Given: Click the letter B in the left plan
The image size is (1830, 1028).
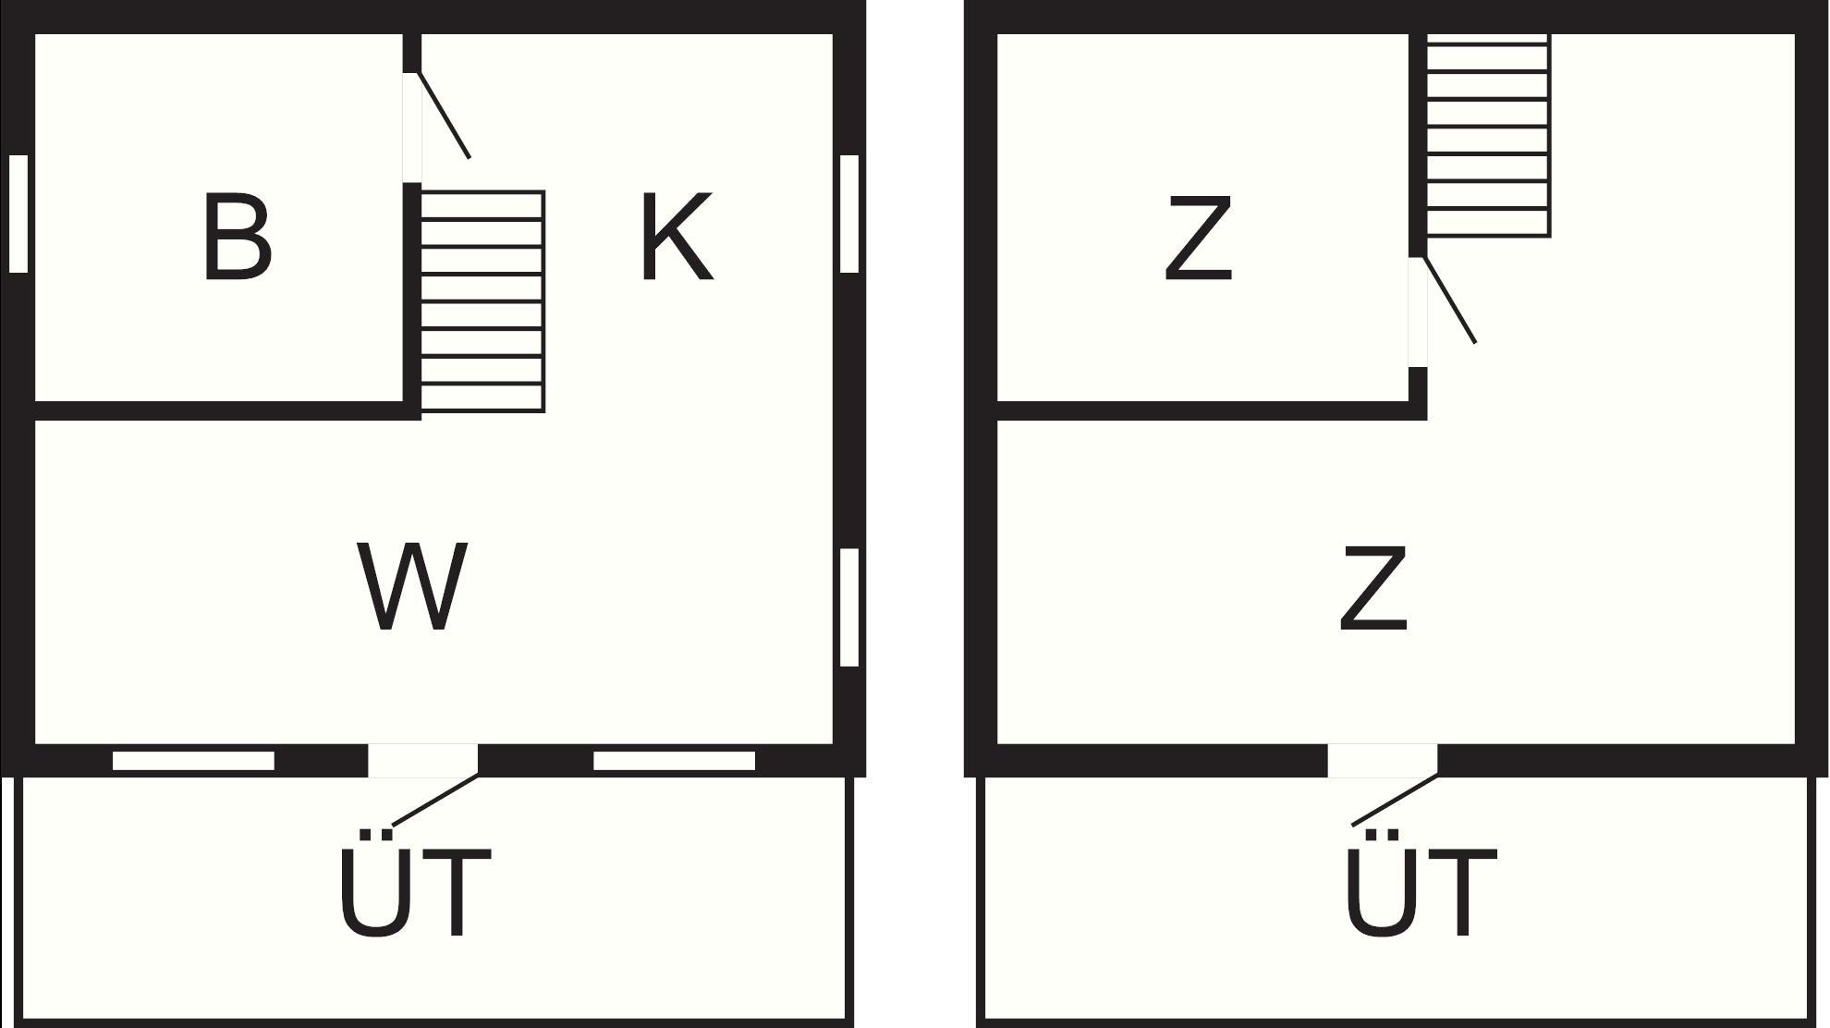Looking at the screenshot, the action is [x=237, y=236].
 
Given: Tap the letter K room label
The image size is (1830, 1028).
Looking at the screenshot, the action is [x=677, y=236].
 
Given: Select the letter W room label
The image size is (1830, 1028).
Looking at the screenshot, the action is [x=412, y=587].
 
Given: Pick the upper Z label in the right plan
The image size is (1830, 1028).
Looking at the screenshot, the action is [x=1198, y=238].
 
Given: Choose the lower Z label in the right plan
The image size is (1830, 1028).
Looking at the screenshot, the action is [x=1373, y=589].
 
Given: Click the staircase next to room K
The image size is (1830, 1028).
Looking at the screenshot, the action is [x=482, y=301].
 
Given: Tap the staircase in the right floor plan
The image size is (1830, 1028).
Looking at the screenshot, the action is [x=1488, y=136].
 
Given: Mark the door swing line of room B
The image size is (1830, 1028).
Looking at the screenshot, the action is [x=444, y=115].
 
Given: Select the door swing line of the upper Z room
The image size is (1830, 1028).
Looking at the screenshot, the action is [x=1449, y=300].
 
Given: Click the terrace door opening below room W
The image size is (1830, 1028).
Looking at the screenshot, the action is [x=423, y=761].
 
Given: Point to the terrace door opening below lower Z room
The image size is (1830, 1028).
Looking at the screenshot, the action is [x=1383, y=761].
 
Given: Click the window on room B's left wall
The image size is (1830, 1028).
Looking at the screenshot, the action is [x=18, y=214].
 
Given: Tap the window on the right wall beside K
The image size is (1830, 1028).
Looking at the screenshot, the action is [x=849, y=214].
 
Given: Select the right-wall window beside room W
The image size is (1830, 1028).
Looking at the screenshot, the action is [x=849, y=607].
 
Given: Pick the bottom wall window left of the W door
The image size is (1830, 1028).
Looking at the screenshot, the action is [x=193, y=761].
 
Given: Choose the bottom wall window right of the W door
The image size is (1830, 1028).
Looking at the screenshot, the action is [x=674, y=761].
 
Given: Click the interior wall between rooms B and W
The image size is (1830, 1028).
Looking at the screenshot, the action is [x=227, y=411].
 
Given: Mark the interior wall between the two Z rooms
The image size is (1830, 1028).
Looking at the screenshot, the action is [x=1212, y=411].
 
